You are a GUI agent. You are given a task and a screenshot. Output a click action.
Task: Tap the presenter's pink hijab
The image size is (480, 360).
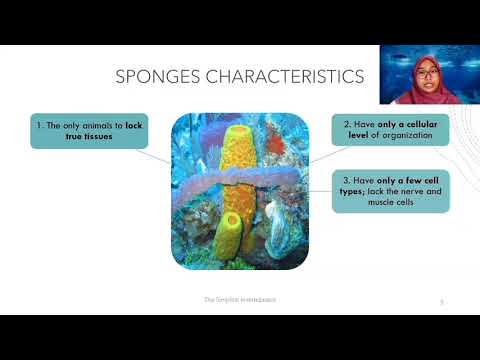coord(417,90)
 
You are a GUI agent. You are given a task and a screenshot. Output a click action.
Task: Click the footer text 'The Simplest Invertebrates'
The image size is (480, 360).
coord(240,299)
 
